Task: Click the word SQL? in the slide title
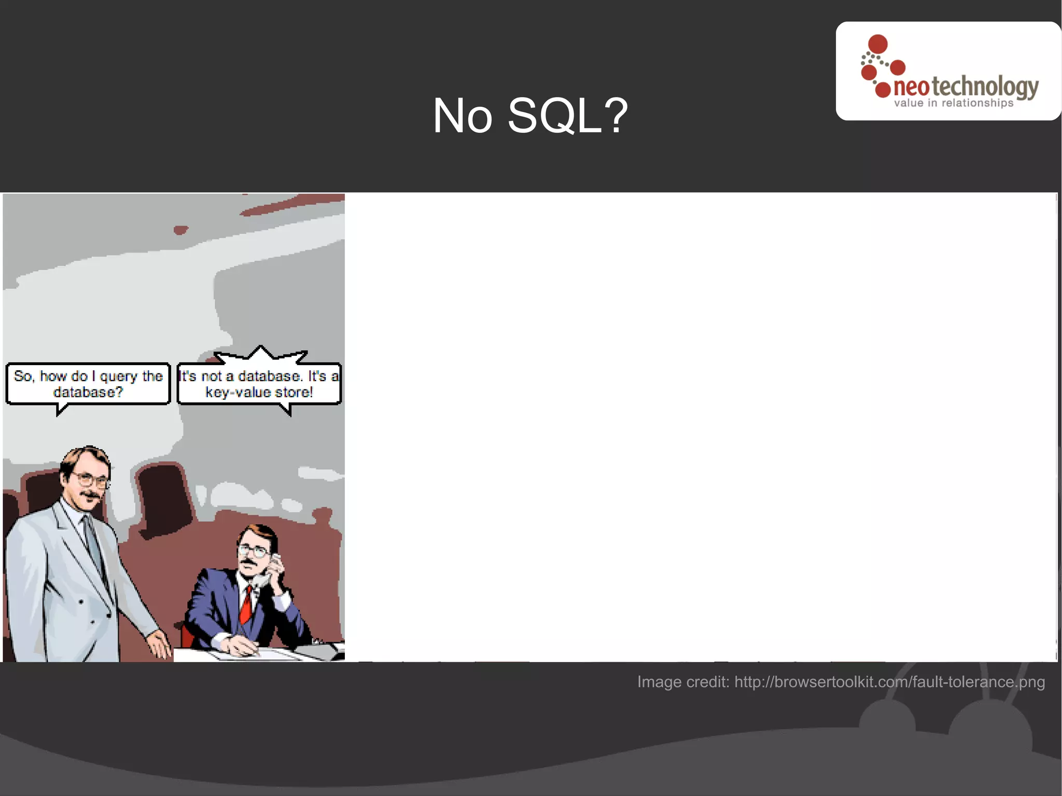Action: pyautogui.click(x=568, y=116)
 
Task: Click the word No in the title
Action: pyautogui.click(x=462, y=116)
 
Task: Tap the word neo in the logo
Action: pyautogui.click(x=911, y=88)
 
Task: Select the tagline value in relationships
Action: pyautogui.click(x=953, y=103)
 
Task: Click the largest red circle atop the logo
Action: pyautogui.click(x=878, y=44)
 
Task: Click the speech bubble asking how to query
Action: pyautogui.click(x=88, y=384)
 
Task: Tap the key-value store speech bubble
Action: pyautogui.click(x=259, y=384)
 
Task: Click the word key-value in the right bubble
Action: pyautogui.click(x=238, y=393)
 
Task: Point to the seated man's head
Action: pyautogui.click(x=255, y=547)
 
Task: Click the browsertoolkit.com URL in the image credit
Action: pyautogui.click(x=889, y=681)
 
